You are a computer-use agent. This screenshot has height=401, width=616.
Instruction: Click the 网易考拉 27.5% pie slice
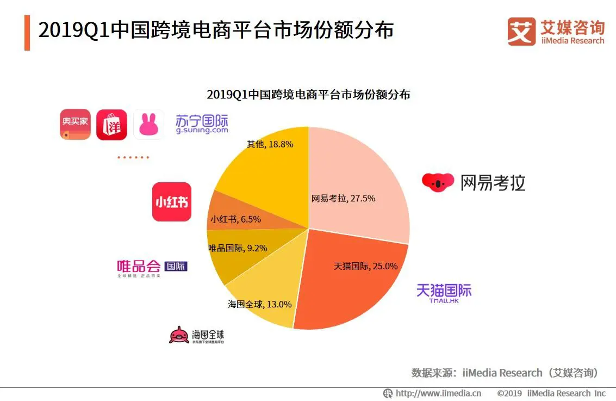click(x=359, y=180)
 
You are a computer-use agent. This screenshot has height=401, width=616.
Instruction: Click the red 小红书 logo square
click(x=172, y=202)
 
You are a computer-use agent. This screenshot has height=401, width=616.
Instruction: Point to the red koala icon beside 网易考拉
click(x=438, y=182)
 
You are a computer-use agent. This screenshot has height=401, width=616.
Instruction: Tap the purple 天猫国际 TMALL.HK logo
click(x=444, y=292)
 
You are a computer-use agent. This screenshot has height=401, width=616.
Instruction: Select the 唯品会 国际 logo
click(x=152, y=267)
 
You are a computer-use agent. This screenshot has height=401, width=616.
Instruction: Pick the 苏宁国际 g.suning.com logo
click(x=202, y=124)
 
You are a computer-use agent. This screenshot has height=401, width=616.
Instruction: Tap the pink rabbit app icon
click(x=148, y=125)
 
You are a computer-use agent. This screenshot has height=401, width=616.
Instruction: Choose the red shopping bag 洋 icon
click(x=111, y=125)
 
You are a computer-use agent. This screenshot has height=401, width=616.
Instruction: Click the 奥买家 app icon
click(x=75, y=125)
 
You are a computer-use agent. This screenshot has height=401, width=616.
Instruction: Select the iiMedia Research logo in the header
click(x=556, y=31)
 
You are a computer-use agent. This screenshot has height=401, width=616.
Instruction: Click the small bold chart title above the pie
click(x=308, y=94)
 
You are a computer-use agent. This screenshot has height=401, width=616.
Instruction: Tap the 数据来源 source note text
click(x=505, y=373)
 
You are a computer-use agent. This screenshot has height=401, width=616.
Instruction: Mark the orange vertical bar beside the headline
click(x=27, y=33)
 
